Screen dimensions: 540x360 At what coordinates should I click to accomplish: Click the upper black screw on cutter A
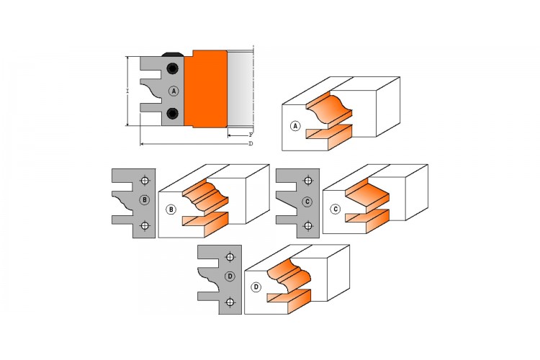172,68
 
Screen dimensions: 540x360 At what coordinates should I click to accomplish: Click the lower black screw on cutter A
172,113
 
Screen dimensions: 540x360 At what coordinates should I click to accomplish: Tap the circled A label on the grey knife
174,91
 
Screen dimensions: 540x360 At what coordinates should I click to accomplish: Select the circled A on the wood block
295,126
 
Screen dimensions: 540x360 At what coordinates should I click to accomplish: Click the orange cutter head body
206,89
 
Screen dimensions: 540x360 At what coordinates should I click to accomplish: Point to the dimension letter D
251,143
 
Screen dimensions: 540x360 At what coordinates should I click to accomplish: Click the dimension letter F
251,135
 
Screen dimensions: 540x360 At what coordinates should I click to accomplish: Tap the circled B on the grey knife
145,200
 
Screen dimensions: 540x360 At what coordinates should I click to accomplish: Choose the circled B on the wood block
171,210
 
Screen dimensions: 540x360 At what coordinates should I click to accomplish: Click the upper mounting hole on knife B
145,181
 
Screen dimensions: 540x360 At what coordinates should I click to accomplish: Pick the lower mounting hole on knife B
145,226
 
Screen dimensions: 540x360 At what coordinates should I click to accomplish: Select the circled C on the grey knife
307,202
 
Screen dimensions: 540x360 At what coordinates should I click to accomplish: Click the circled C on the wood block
335,209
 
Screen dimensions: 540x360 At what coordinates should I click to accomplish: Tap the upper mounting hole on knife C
308,181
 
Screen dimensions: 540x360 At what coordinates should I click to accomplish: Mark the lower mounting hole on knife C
308,226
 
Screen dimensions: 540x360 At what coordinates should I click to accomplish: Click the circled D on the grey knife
230,276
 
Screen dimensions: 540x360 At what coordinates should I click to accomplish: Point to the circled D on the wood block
256,287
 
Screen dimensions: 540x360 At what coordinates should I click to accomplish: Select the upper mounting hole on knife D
230,257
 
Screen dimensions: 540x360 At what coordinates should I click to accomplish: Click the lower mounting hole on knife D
230,302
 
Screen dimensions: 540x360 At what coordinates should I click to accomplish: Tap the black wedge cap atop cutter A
173,55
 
